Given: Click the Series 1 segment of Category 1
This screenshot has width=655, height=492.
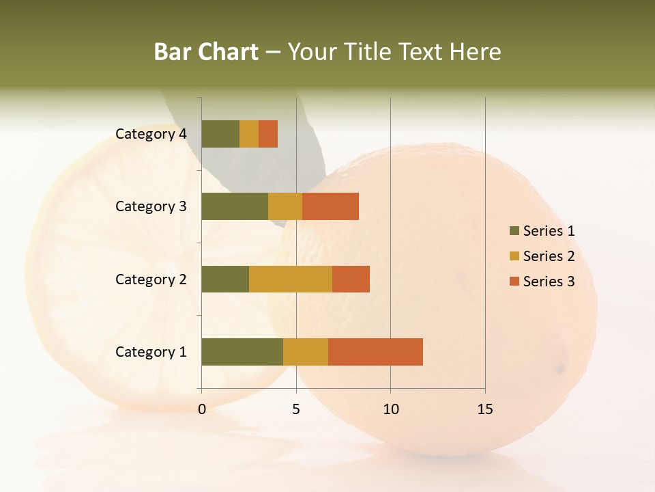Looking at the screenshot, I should (x=242, y=351).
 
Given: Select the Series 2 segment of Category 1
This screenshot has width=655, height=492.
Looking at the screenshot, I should (x=306, y=351).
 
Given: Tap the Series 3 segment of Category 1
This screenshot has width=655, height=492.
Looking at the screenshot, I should (x=375, y=351).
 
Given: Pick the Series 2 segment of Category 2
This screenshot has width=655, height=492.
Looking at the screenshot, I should (x=291, y=279).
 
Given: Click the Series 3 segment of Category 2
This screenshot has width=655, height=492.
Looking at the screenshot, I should (x=351, y=279).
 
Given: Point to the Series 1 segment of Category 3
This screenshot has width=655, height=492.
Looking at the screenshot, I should (x=235, y=206).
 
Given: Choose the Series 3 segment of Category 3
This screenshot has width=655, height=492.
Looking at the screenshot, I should (x=330, y=206).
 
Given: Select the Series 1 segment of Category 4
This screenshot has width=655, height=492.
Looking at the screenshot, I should (x=220, y=133).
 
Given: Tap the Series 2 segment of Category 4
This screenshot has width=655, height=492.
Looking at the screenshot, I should (x=249, y=133).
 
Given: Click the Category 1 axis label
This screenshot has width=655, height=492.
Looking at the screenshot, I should (x=151, y=352).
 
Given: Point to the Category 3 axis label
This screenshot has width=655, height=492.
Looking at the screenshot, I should (x=151, y=206).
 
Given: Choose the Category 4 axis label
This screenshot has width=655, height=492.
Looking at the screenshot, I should (x=151, y=134).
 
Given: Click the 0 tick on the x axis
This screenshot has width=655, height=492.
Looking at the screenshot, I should (x=202, y=409).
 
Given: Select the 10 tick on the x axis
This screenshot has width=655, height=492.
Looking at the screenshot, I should (x=390, y=409).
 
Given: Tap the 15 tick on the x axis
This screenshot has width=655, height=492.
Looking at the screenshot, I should (x=485, y=409).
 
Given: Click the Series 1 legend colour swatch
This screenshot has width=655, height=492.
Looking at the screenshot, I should (x=514, y=231).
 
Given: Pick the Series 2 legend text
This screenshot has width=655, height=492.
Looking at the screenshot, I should (x=549, y=256).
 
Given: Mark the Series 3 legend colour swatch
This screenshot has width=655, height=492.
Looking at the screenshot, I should (x=514, y=282).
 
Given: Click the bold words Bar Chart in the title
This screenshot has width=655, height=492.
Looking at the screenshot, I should (x=206, y=52).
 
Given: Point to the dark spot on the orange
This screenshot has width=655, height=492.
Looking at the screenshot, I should (x=561, y=369).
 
